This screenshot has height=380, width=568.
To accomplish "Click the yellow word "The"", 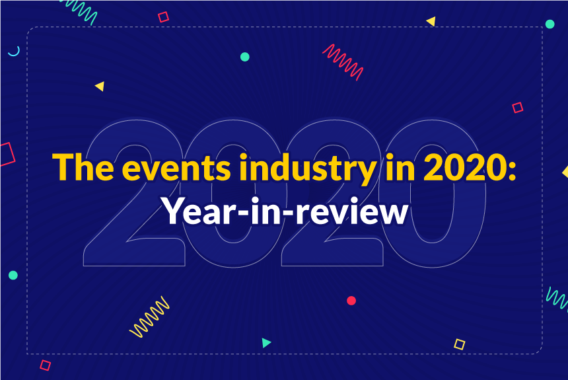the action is pos(83,167).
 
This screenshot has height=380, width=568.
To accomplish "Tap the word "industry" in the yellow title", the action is pos(308,170).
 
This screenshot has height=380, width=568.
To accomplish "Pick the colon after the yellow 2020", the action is pos(512,171).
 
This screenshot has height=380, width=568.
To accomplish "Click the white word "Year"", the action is pos(199,211).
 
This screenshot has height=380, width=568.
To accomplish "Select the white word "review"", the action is pos(352,211).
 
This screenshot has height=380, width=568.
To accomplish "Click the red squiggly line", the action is pos(343,61).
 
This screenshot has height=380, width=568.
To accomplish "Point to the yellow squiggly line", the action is pos(149,317).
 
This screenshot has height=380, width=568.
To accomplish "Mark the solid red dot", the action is pos(351,301).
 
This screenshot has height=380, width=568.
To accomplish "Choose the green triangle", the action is pos(266,342).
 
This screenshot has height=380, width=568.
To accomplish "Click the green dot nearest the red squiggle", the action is pos(245,57).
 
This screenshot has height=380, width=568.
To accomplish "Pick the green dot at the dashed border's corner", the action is pos(550,24).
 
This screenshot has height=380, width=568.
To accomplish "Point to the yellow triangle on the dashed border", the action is pos(431,22).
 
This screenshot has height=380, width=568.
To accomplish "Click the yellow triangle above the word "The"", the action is pos(100,87).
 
